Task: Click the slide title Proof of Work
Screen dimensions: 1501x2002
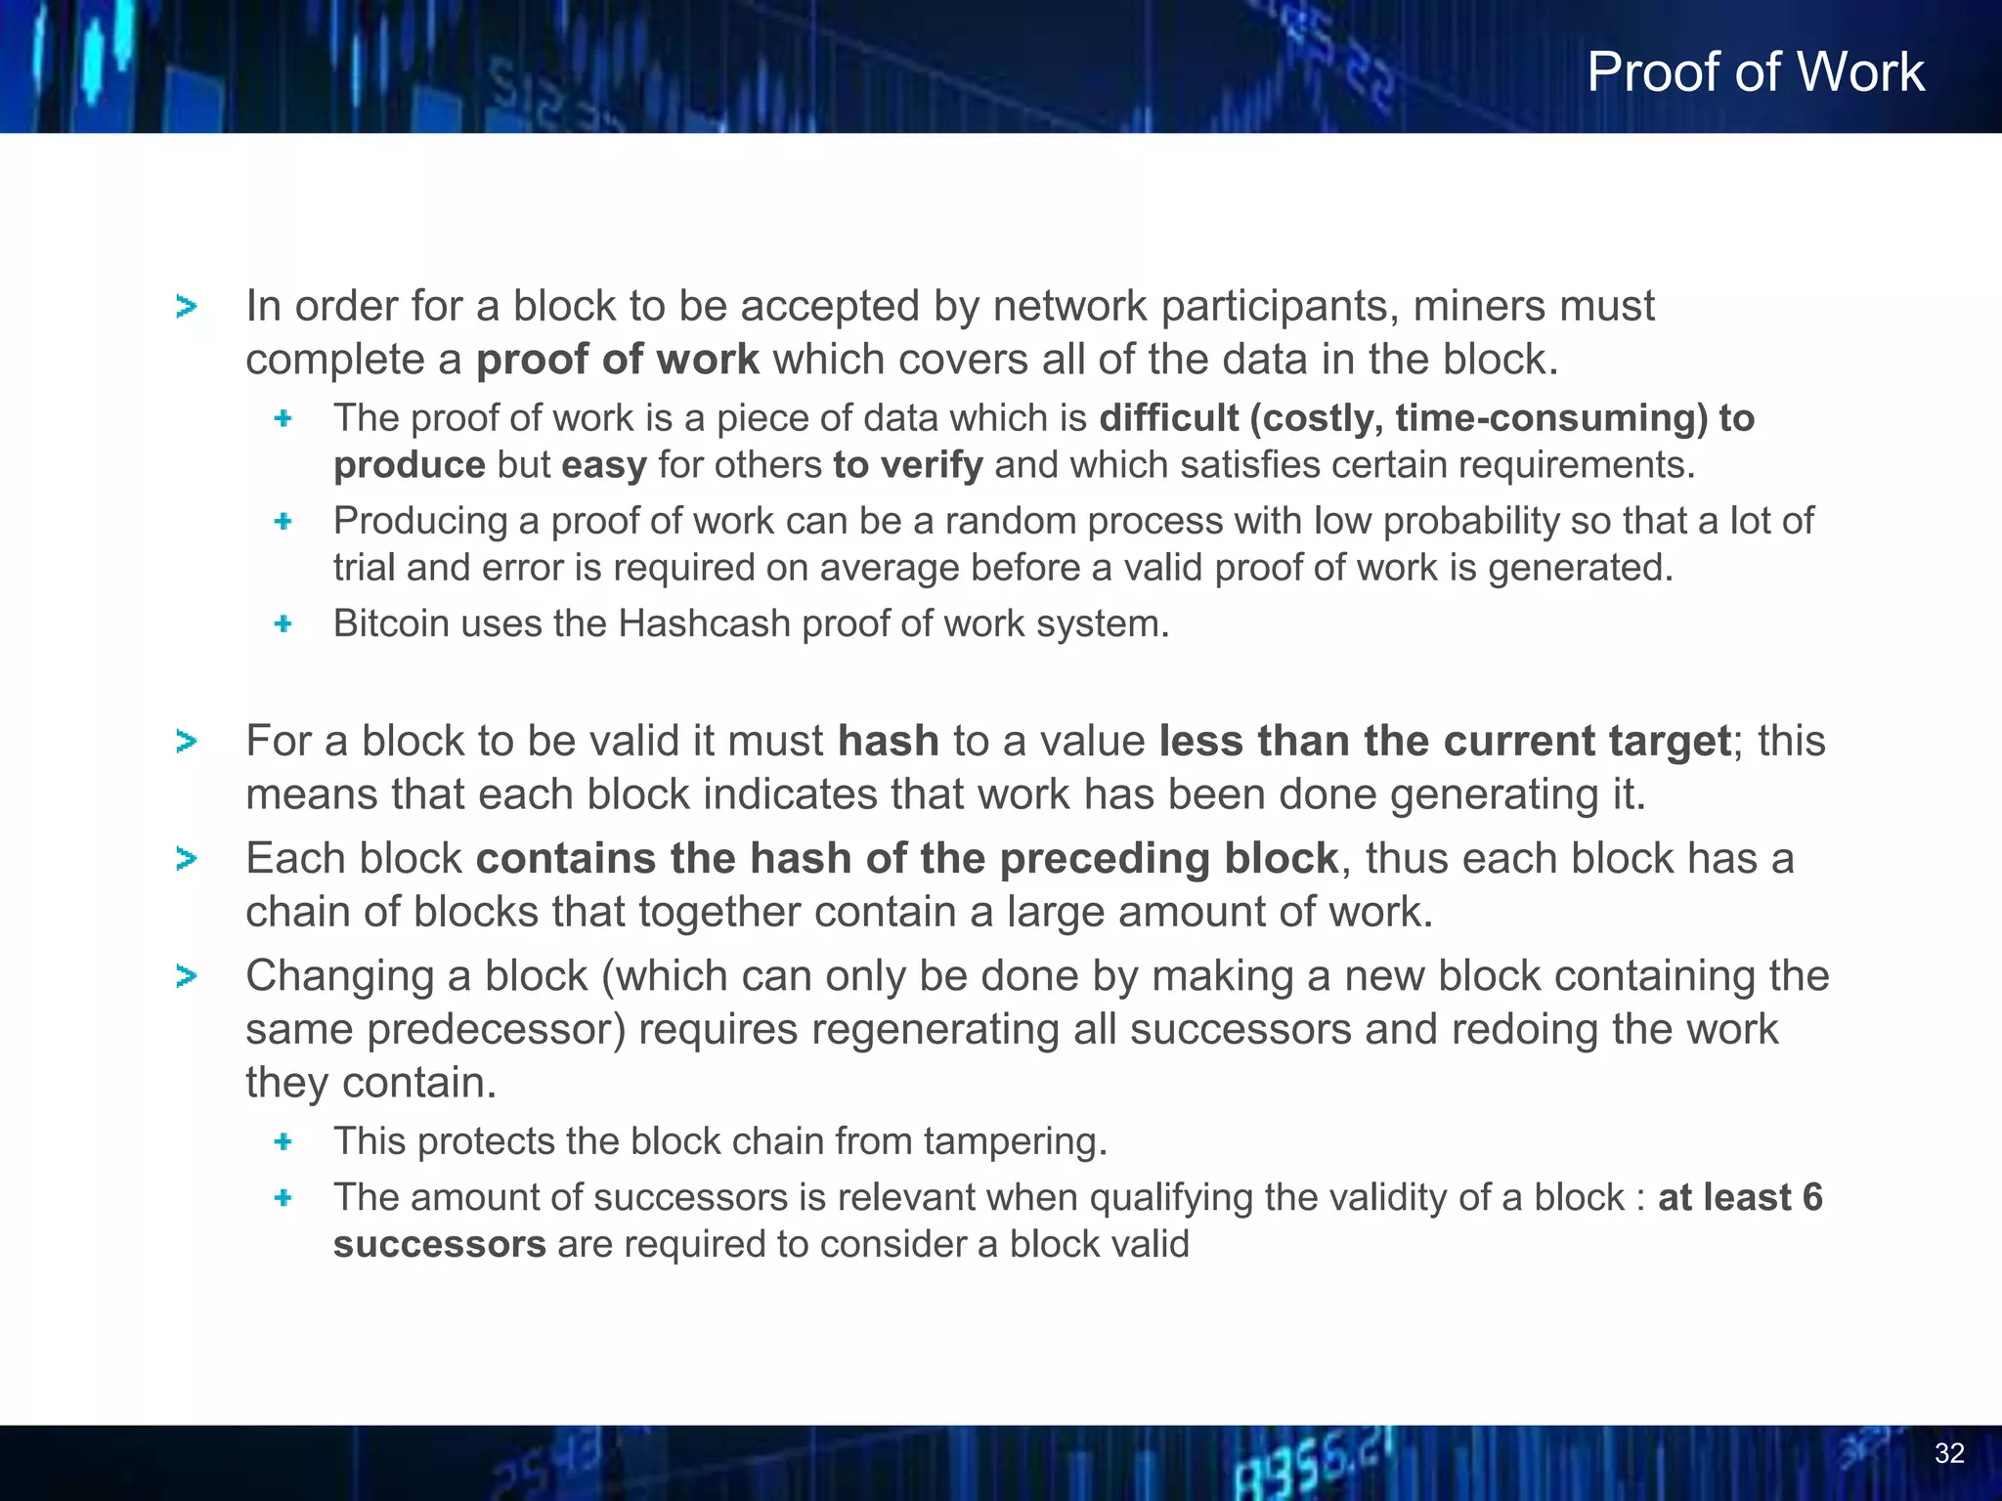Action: pyautogui.click(x=1755, y=72)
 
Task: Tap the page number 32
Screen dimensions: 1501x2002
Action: pyautogui.click(x=1949, y=1453)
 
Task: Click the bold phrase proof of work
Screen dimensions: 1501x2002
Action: pyautogui.click(x=617, y=360)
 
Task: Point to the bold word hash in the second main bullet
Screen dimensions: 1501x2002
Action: pyautogui.click(x=888, y=741)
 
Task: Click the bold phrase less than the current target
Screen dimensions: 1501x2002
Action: pyautogui.click(x=1445, y=741)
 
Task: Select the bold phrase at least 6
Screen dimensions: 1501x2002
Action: pyautogui.click(x=1740, y=1197)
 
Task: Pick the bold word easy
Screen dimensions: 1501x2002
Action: pyautogui.click(x=603, y=465)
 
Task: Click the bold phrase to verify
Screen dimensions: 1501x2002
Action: pyautogui.click(x=907, y=465)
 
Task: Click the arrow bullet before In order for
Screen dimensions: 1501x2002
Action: pyautogui.click(x=186, y=307)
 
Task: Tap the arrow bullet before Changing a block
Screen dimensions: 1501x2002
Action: pyautogui.click(x=186, y=976)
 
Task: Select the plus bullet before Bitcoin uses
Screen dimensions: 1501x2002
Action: pyautogui.click(x=283, y=623)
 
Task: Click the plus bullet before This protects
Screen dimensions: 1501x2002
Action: pyautogui.click(x=283, y=1141)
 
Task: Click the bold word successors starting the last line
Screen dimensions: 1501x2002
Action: pyautogui.click(x=439, y=1245)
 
